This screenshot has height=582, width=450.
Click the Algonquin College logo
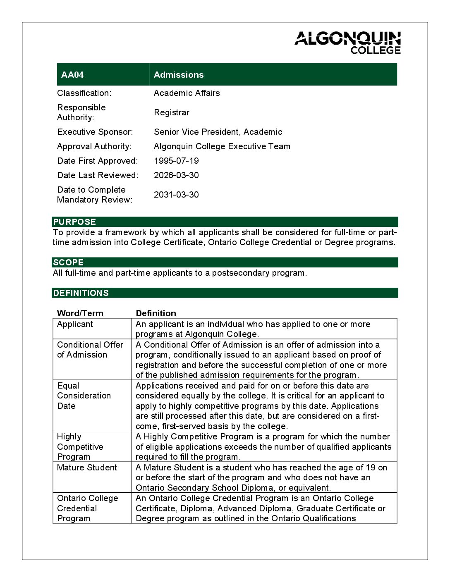click(x=347, y=43)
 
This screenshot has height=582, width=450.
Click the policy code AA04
click(x=72, y=75)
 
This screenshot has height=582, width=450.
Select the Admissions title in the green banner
click(x=179, y=75)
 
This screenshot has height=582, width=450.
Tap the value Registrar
click(x=172, y=112)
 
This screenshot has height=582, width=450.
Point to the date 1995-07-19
click(x=176, y=161)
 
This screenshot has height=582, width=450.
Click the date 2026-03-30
click(x=176, y=175)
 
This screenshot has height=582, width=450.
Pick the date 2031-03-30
click(x=176, y=195)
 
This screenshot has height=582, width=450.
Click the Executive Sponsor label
click(x=95, y=132)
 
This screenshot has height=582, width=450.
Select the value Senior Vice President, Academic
click(x=218, y=132)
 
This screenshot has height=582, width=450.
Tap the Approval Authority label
click(x=94, y=146)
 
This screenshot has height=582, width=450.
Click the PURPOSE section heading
click(x=74, y=222)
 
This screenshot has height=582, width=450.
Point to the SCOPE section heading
click(x=68, y=262)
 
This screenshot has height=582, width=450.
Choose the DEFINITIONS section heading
click(x=81, y=293)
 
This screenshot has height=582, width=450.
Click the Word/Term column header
click(x=80, y=313)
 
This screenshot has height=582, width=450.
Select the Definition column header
click(x=156, y=313)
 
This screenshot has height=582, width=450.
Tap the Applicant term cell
click(x=75, y=324)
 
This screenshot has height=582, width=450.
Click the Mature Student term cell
click(x=87, y=468)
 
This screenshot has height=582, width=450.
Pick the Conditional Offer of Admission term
click(x=90, y=350)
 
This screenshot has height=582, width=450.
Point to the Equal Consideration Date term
click(x=84, y=396)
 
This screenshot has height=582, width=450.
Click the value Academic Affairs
click(x=187, y=93)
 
